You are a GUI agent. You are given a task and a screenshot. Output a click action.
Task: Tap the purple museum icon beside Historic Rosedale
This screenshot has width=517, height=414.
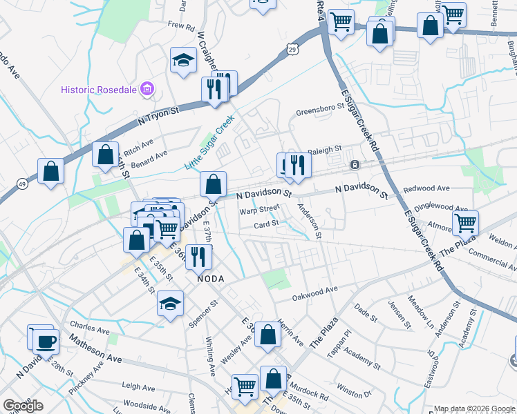[146, 89]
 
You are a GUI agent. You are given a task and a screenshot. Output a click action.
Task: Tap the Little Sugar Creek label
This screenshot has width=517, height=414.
[209, 144]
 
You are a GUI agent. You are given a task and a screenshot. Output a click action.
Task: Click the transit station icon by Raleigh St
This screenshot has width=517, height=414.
[354, 165]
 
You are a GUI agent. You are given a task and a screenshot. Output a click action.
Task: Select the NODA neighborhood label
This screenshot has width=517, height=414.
[212, 278]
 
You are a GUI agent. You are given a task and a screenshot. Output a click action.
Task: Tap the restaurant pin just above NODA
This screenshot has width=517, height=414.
[198, 256]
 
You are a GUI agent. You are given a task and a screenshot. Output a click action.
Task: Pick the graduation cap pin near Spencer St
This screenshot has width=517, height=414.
[170, 303]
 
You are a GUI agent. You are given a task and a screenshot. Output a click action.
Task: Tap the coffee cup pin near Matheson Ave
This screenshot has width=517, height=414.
[46, 341]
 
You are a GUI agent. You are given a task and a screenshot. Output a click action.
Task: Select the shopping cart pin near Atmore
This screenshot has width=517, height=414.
[465, 223]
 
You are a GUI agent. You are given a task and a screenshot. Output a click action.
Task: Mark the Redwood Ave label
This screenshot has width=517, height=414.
[426, 188]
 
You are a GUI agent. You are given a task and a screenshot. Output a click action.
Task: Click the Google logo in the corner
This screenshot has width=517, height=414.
[23, 406]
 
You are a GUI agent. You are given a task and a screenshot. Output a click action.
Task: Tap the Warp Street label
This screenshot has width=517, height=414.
[259, 208]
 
